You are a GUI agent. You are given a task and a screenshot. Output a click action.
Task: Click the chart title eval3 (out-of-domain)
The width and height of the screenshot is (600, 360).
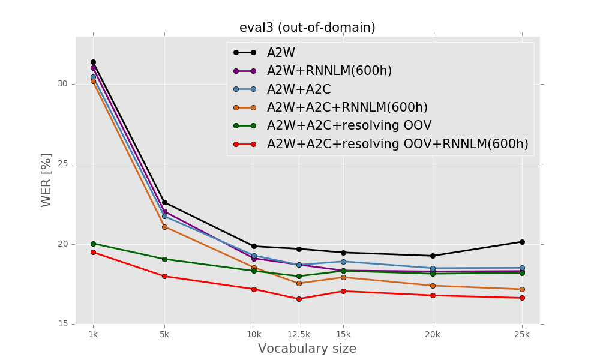click(307, 28)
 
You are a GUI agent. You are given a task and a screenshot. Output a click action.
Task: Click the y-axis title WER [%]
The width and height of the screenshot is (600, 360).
click(47, 180)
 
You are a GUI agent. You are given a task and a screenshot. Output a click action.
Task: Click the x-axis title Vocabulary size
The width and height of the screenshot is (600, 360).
click(307, 349)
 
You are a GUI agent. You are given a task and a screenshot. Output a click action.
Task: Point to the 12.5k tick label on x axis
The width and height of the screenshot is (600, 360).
click(299, 334)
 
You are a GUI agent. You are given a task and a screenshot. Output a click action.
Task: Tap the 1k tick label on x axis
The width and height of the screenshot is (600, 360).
click(93, 334)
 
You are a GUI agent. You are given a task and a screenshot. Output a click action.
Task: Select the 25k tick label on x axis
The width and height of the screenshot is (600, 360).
click(522, 334)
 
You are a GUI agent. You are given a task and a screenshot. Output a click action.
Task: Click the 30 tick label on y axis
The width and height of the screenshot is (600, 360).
click(62, 84)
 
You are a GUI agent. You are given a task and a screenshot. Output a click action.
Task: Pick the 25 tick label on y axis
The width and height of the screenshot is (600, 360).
click(62, 164)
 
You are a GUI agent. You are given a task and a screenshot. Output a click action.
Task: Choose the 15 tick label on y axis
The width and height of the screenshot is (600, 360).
click(62, 324)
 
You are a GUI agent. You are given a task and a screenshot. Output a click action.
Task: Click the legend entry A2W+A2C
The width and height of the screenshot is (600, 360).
click(299, 89)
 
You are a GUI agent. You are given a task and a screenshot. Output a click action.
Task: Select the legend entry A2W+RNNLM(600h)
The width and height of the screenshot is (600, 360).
click(329, 71)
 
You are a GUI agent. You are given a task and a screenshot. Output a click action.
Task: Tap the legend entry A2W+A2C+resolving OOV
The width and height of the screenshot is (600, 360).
click(349, 126)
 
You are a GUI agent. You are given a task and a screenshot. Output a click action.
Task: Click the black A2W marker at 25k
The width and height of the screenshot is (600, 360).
click(522, 242)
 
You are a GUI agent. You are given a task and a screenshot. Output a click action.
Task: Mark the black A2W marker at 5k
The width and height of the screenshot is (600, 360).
click(164, 202)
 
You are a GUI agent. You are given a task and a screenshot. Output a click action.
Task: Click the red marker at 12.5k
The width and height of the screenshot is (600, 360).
click(299, 299)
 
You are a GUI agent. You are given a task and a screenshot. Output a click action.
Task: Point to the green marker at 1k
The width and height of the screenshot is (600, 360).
click(93, 244)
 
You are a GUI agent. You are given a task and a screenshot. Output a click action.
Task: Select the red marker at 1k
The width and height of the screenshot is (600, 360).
click(93, 252)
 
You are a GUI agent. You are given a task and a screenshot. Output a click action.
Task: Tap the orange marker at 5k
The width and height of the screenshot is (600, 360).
click(164, 227)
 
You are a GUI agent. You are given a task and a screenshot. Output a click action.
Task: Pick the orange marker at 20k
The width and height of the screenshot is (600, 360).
click(433, 286)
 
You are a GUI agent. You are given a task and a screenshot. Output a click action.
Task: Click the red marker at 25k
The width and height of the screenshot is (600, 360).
click(522, 298)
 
